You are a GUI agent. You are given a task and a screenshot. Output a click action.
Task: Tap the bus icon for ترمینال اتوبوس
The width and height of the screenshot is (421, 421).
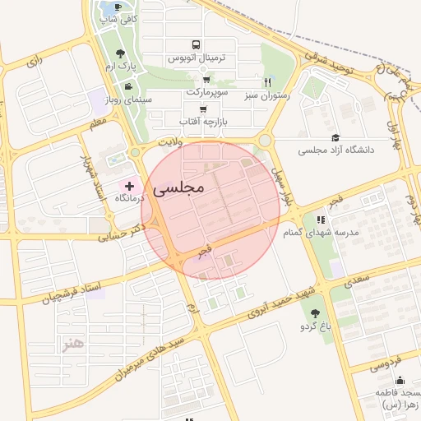click(x=195, y=45)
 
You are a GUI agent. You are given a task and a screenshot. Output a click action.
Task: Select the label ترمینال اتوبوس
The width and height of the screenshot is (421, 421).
click(x=197, y=59)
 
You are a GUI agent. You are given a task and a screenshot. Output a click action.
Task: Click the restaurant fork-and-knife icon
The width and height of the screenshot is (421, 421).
click(x=267, y=82)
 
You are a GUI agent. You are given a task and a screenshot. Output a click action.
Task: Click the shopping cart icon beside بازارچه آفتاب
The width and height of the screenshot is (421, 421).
click(x=203, y=109)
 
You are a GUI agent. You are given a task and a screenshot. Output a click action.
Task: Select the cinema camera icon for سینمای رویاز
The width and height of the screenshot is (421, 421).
click(x=127, y=86)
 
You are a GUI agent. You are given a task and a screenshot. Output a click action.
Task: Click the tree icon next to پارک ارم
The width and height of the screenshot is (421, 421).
click(x=121, y=53)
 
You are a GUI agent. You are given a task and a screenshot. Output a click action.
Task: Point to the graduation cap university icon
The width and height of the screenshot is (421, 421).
click(x=335, y=137)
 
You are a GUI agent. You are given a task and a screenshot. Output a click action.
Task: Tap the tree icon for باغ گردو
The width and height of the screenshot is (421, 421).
click(x=315, y=313)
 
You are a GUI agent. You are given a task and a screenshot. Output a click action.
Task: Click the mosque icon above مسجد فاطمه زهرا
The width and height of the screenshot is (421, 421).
click(x=400, y=380)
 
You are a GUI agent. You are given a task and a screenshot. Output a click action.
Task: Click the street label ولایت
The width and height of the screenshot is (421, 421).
click(x=169, y=142)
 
